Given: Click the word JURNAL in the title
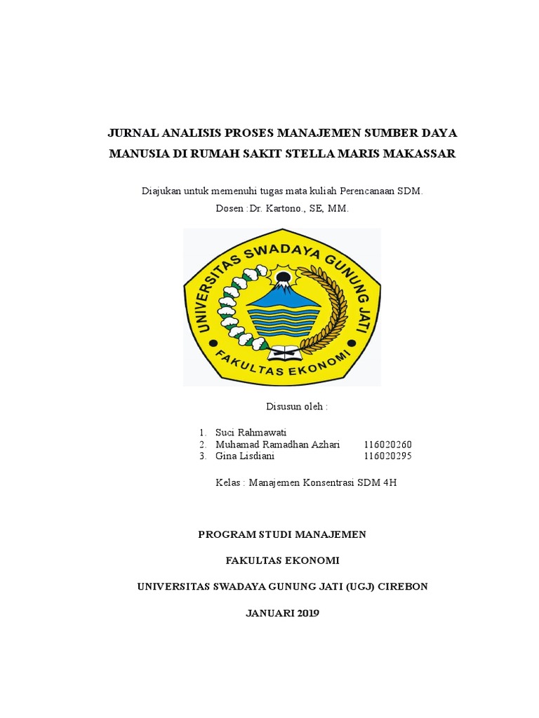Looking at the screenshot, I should pos(131,133).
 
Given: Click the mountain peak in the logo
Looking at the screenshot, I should pos(284,287).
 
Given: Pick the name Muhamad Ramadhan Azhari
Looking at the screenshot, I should pos(278,444).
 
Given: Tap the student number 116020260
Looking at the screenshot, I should pos(388,444).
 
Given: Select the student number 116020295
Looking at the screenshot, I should pos(388,456).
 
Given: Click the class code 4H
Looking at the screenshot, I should pos(389,482).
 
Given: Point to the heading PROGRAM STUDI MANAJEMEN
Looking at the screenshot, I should pos(282,534).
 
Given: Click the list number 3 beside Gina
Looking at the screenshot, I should pos(201,456).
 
